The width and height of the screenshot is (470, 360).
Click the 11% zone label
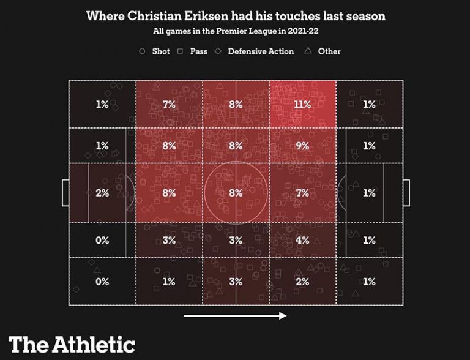tap(302, 105)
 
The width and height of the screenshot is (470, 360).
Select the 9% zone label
tap(302, 146)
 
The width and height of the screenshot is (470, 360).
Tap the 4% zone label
tap(302, 241)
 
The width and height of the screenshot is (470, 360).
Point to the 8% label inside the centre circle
tap(236, 193)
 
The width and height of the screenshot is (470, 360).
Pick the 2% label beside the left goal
tap(102, 193)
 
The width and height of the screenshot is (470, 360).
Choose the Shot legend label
tap(161, 51)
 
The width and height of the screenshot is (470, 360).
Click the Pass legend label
tap(199, 51)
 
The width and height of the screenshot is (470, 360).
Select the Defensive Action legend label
tap(261, 51)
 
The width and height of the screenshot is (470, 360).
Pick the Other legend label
tap(329, 51)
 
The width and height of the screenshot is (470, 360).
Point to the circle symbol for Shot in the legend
tap(143, 51)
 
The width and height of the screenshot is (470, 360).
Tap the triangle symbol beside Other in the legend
tap(308, 51)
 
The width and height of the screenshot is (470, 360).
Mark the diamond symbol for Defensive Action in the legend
tap(218, 51)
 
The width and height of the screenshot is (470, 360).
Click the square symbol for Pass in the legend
tap(181, 51)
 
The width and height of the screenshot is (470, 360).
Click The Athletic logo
tap(72, 343)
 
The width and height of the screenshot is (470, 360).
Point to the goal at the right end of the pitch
tap(406, 193)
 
